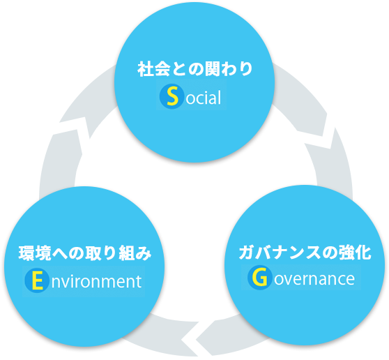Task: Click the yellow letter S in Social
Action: click(x=172, y=96)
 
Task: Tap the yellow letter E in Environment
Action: click(x=37, y=280)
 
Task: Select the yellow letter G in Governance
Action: click(x=260, y=277)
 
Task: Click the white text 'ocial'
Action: click(x=203, y=98)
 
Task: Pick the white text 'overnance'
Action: click(x=314, y=279)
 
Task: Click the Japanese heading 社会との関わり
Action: click(x=195, y=69)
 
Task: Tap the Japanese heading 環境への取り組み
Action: click(x=85, y=253)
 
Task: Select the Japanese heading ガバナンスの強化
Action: click(x=305, y=253)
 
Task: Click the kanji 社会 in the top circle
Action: click(x=154, y=69)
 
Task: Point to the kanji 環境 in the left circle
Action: click(x=35, y=253)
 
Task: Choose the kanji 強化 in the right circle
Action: click(x=356, y=253)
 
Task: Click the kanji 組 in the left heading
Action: click(x=126, y=253)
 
